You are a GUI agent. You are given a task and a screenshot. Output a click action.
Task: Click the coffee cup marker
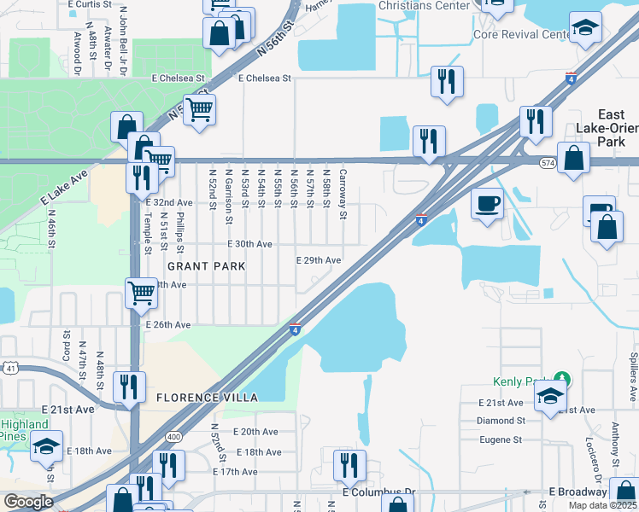coord(488,204)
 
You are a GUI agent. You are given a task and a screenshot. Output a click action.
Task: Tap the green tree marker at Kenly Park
coord(562,378)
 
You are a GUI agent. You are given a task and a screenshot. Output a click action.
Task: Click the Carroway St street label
coord(342,193)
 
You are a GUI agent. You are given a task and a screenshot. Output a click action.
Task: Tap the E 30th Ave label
coord(249,244)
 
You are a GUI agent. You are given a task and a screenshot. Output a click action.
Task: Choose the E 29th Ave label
coord(319,260)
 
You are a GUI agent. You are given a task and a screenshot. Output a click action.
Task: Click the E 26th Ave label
coord(168,325)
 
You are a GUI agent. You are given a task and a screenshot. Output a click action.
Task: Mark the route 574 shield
coord(548,162)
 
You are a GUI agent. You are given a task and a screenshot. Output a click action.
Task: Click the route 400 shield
coord(174,437)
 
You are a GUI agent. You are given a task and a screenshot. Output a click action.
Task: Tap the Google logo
coord(27,502)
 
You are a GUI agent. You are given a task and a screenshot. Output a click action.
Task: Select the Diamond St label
coord(501,421)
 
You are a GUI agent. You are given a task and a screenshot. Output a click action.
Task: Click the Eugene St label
coord(501,439)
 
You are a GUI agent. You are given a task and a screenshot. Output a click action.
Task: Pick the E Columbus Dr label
coord(378,492)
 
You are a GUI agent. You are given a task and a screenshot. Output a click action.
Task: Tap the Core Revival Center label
coord(523,35)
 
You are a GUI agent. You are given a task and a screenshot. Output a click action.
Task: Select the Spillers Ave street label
coord(633,375)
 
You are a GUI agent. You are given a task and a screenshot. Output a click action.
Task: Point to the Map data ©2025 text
coord(602,505)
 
